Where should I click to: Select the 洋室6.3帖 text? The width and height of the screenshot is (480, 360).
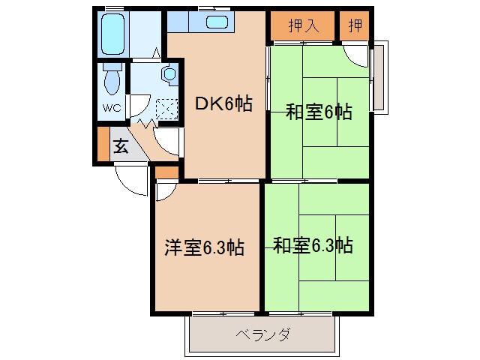(x=204, y=247)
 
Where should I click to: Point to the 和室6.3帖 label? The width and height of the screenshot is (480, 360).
(x=313, y=245)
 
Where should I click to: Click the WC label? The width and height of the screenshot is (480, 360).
(x=111, y=106)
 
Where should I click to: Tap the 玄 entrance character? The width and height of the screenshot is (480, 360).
(x=121, y=146)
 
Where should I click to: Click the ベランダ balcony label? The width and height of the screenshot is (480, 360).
(x=262, y=334)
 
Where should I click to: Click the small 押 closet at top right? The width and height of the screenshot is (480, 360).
(x=354, y=25)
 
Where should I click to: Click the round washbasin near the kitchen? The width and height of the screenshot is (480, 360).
(x=169, y=75)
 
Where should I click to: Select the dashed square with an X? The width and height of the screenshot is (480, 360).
(x=165, y=110)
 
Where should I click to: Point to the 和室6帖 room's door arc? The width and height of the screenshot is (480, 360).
(x=357, y=57)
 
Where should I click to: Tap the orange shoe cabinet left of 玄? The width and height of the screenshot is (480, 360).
(x=102, y=144)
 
